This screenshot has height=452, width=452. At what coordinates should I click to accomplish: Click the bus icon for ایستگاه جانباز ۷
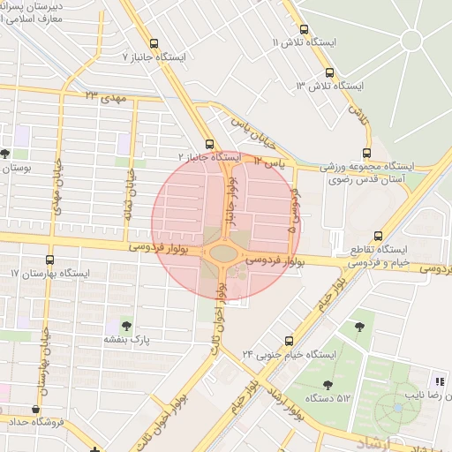coord(154,43)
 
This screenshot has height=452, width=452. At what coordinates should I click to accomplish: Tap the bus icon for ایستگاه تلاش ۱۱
coord(303,29)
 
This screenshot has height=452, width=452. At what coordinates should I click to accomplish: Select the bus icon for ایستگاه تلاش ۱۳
coord(329,72)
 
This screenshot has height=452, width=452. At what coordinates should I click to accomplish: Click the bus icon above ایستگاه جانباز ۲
coord(209,144)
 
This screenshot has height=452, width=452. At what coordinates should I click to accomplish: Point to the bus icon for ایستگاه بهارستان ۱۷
coord(49,260)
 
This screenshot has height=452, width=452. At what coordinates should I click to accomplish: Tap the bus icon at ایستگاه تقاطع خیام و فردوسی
coord(378,236)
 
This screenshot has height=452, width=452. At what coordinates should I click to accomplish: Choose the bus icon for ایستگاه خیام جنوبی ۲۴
coord(295,340)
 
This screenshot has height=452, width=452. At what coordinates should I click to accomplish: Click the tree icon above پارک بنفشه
coord(125,325)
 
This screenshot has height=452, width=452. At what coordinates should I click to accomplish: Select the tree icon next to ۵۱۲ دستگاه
coord(328,384)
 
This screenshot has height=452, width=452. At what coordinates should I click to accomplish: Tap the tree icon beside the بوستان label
coord(5,154)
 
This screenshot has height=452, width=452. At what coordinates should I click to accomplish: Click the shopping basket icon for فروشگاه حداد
coord(35,410)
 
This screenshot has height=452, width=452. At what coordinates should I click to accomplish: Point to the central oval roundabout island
coord(224,254)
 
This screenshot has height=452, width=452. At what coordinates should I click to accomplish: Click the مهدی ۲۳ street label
coord(107,94)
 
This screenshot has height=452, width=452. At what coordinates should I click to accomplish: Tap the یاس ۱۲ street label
coord(267,162)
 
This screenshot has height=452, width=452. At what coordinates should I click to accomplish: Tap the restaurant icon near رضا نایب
coord(439,380)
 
